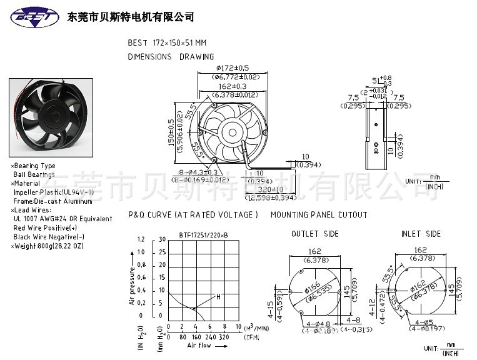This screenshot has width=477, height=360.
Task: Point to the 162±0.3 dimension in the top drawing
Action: click(x=232, y=86)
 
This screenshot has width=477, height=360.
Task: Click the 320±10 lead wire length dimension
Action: click(x=271, y=189)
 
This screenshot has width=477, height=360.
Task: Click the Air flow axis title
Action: click(x=200, y=345)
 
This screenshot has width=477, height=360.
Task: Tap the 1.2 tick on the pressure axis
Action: click(x=140, y=239)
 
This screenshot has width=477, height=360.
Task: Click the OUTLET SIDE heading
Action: click(x=314, y=234)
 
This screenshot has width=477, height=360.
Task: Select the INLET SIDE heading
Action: click(x=420, y=234)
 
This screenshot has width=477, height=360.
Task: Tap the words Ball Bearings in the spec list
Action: click(x=34, y=174)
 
